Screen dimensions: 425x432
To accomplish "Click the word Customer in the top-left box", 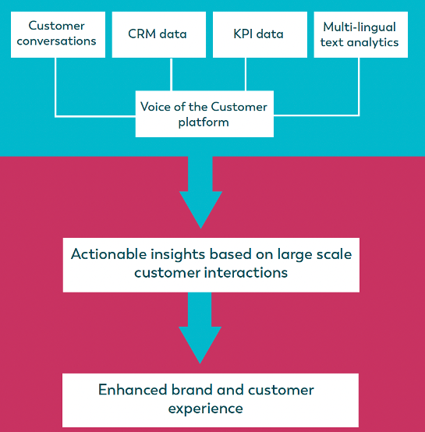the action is click(x=56, y=26).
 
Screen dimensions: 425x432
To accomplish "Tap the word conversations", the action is click(x=56, y=41).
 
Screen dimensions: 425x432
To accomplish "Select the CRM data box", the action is click(x=159, y=34).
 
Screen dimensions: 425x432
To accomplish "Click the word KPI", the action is click(x=243, y=34).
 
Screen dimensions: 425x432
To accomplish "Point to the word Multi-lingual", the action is click(x=359, y=27).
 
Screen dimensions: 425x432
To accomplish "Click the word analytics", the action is click(x=373, y=43).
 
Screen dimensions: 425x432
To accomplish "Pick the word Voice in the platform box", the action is click(x=156, y=107).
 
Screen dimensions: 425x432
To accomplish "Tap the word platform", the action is click(x=204, y=122).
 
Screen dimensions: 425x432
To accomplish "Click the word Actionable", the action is click(x=109, y=253).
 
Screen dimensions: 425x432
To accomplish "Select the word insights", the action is click(x=178, y=254).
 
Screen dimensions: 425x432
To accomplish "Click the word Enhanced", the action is click(x=133, y=390).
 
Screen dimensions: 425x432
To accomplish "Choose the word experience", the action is click(x=206, y=409).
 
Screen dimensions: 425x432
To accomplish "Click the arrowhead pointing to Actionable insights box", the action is click(x=200, y=210).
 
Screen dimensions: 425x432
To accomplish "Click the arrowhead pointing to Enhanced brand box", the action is click(x=200, y=345).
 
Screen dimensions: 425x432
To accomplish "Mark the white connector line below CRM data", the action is click(x=171, y=74).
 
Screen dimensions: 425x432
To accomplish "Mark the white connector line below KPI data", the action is click(x=246, y=74).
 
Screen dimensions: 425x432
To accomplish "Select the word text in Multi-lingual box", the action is click(x=332, y=43).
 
